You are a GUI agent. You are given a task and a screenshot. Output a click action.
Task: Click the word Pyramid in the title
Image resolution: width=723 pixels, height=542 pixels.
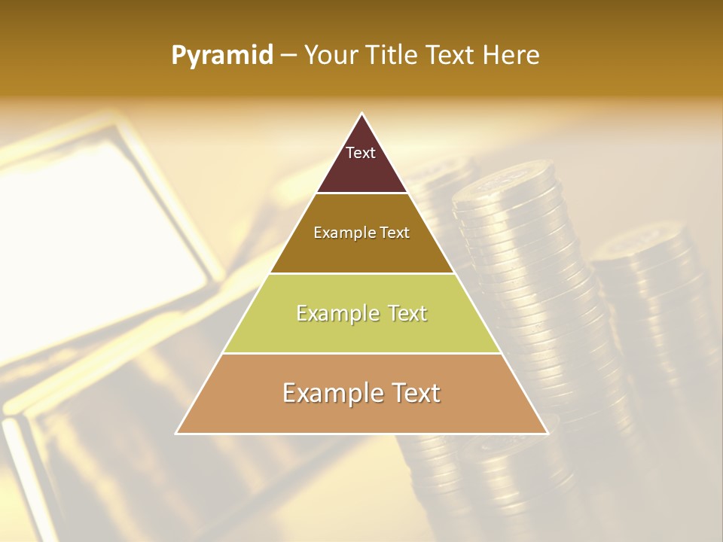click(222, 56)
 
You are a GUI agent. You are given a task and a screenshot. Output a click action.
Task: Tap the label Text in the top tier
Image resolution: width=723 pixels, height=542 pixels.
click(361, 153)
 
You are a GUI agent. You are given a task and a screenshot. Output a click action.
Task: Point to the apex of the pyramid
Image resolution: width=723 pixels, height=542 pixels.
click(362, 114)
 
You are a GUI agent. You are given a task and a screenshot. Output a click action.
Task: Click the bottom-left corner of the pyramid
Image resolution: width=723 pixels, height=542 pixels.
click(177, 433)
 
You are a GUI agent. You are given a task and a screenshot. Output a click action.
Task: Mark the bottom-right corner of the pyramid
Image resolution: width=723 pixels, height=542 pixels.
click(547, 433)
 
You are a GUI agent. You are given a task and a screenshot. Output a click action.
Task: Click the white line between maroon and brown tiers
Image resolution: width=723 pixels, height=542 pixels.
click(361, 193)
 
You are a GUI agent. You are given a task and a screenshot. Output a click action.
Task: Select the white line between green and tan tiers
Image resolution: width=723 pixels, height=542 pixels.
click(361, 353)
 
